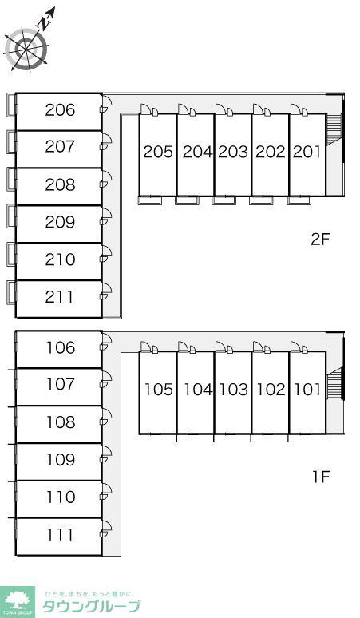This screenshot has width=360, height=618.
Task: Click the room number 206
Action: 60,110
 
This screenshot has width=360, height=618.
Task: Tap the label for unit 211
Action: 59,297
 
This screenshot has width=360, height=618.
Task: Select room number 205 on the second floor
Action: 158,152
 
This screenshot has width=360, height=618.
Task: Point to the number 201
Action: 307,152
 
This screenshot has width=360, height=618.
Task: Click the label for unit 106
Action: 61,347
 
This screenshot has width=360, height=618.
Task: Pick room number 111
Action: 60,535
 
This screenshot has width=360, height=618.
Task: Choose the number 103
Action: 234,390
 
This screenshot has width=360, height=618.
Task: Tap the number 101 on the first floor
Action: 307,390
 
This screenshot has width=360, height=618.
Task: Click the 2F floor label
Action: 319,240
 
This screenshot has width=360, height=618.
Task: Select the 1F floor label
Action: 321,477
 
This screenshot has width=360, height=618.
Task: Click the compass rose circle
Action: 26,50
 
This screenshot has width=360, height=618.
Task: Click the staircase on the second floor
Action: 334,127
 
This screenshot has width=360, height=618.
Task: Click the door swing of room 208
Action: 106,178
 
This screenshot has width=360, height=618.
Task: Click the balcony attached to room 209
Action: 11,216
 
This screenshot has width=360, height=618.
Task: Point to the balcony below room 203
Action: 224,200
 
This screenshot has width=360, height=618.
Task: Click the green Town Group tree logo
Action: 18,602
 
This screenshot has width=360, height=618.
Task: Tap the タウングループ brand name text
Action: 91,606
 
